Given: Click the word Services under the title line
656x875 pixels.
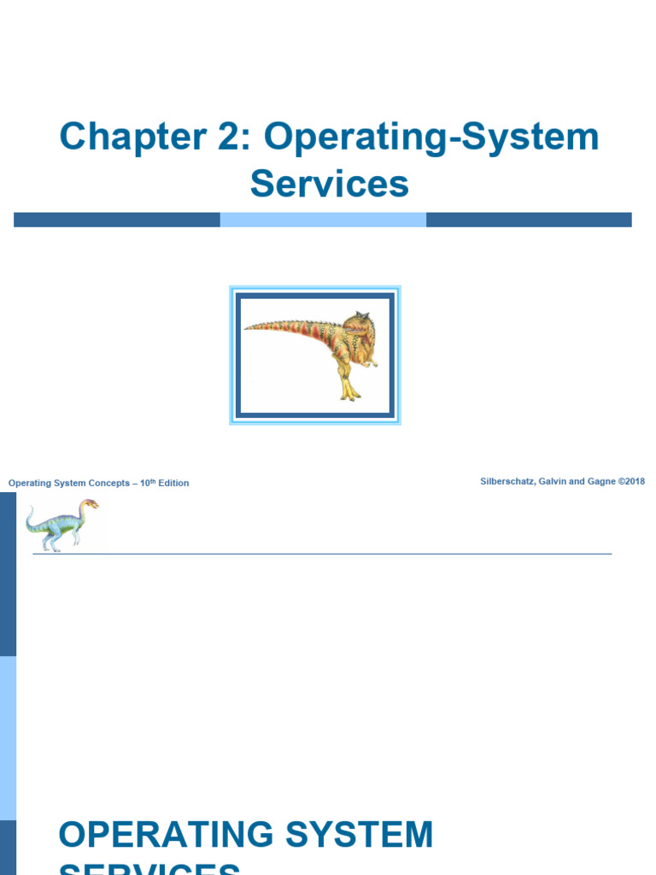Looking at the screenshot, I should [x=329, y=184].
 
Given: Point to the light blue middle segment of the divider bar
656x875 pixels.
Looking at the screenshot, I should [x=323, y=220].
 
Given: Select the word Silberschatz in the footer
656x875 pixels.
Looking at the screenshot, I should [x=510, y=482].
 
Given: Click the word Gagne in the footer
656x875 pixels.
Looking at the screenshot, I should [x=602, y=482].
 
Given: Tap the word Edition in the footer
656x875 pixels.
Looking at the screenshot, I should [x=173, y=484].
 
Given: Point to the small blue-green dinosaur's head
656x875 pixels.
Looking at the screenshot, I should [x=89, y=504].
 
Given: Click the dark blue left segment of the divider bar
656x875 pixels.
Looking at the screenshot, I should [x=117, y=220].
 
